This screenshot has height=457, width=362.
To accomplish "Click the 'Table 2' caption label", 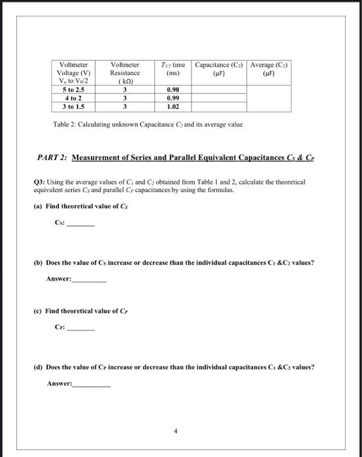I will (x=65, y=124).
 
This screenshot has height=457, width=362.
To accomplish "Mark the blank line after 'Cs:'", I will (x=82, y=225).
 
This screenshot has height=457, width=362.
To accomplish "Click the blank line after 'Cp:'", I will (x=82, y=330).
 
